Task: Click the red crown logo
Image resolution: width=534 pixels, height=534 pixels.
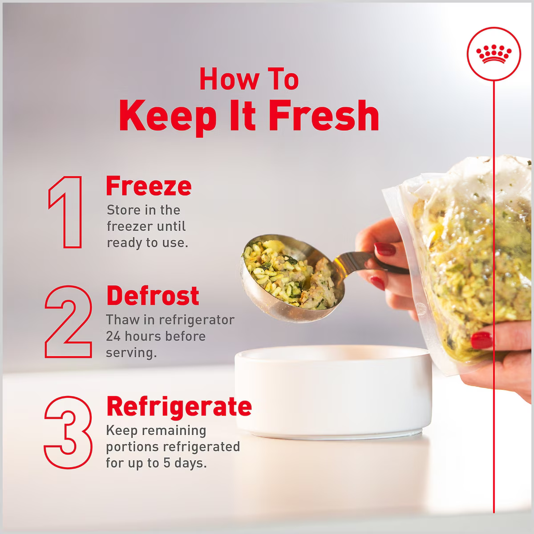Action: coord(494,54)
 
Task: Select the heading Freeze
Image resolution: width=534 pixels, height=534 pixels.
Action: coord(149,186)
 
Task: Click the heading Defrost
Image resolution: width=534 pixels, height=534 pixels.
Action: coord(153,295)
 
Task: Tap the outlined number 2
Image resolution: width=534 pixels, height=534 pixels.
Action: coord(68,322)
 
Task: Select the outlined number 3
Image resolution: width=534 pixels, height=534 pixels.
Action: coord(68,432)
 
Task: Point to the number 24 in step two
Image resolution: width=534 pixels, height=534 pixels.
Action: coord(113,336)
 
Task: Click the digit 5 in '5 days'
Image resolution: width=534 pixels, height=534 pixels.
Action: coord(166,463)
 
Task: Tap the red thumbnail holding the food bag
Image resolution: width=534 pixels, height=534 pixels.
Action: coord(481,340)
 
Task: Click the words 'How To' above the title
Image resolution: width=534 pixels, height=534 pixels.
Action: coord(249,80)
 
